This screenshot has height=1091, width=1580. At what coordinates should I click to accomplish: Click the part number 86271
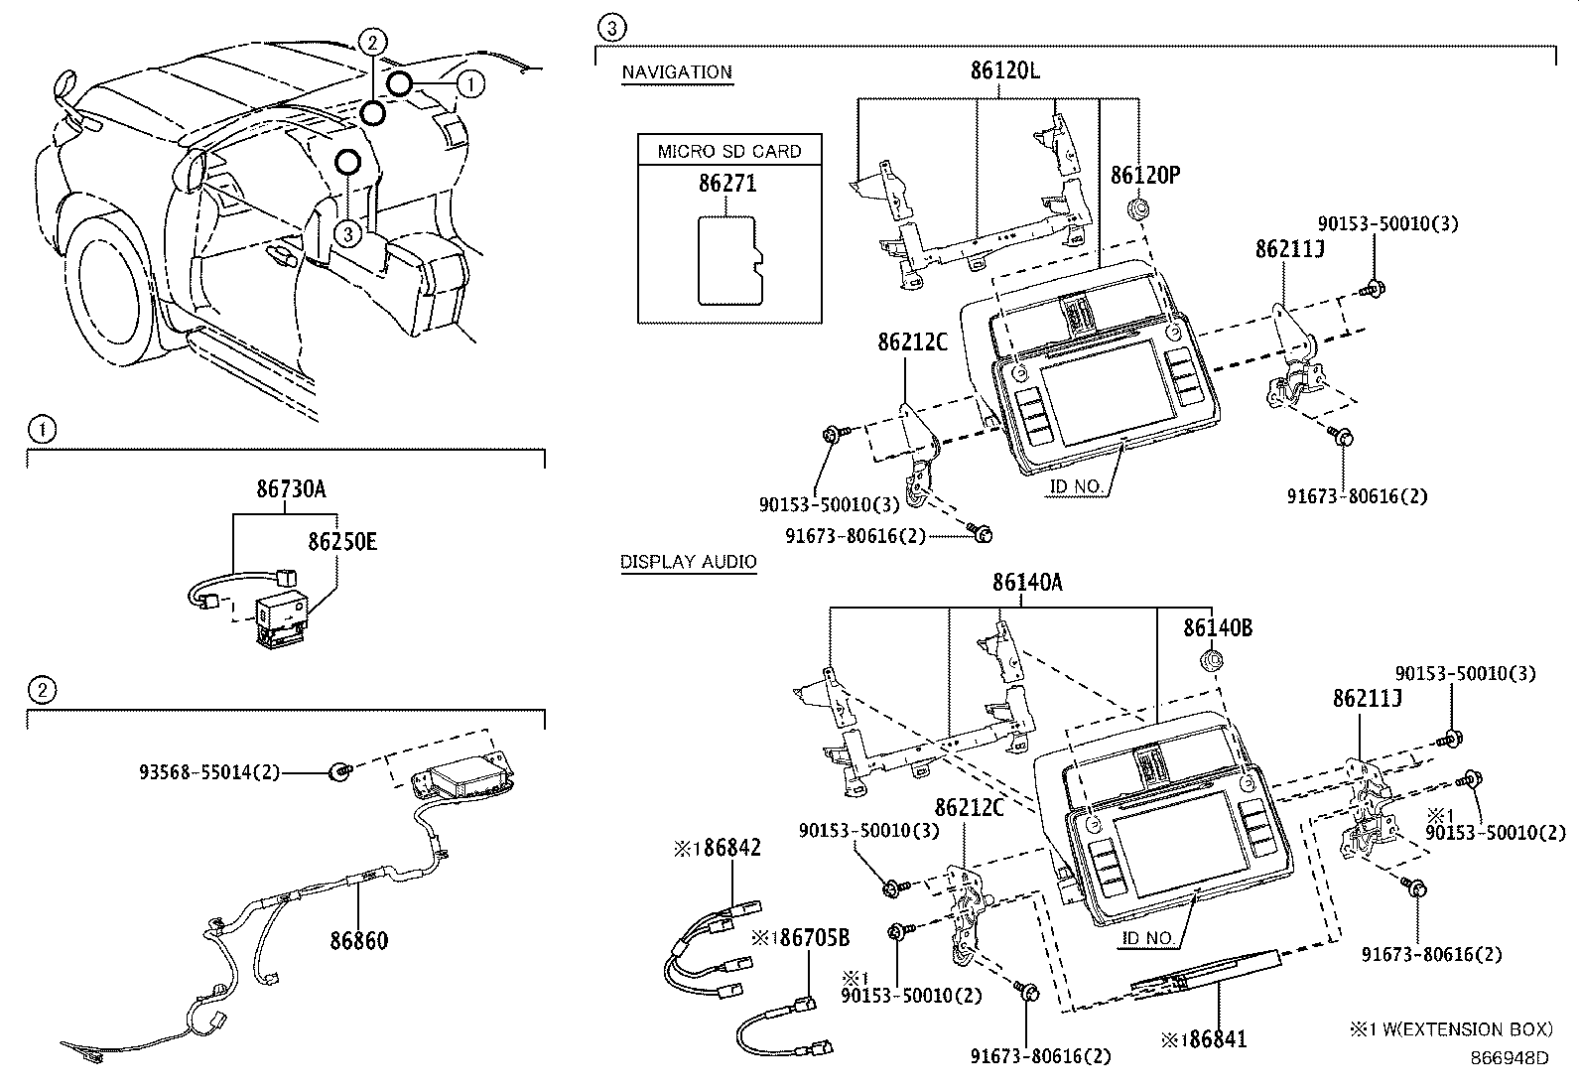(727, 184)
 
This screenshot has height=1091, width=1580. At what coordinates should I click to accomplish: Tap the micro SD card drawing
(730, 260)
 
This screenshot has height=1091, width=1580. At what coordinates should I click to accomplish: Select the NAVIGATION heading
(677, 71)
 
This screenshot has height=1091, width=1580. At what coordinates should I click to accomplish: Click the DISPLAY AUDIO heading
(688, 562)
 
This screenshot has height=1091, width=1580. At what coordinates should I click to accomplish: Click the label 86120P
(1144, 176)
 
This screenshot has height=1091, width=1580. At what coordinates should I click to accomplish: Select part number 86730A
(291, 488)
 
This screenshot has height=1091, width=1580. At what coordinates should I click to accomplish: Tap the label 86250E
(341, 542)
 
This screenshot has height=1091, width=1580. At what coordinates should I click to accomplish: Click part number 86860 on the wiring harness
(358, 939)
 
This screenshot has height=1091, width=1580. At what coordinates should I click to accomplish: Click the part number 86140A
(1027, 583)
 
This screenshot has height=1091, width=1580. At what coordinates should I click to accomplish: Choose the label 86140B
(1217, 627)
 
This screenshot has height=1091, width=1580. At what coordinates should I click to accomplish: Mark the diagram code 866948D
(1509, 1058)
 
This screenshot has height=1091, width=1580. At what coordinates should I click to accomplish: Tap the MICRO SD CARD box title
(729, 152)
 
